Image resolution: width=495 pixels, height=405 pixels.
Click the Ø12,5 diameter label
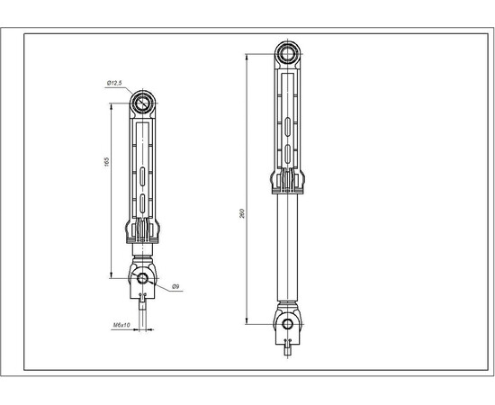114,84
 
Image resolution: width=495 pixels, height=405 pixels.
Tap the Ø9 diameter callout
175,286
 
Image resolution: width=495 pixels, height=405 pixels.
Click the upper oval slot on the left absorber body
143,175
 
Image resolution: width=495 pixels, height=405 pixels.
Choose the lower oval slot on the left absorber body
143,202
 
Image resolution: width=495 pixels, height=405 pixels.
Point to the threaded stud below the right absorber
288,348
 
